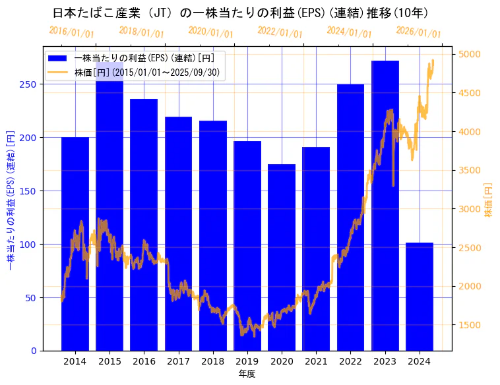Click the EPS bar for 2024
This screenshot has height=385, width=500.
click(x=420, y=297)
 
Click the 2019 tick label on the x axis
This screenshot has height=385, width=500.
click(x=247, y=361)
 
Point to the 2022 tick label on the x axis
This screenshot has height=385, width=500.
click(x=350, y=361)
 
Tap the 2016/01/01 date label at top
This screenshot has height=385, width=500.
click(x=71, y=32)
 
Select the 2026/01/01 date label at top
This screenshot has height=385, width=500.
click(x=418, y=32)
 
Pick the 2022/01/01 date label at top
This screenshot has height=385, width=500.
click(x=280, y=32)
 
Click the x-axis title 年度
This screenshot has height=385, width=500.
click(x=247, y=374)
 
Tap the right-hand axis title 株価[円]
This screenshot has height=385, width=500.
click(x=489, y=200)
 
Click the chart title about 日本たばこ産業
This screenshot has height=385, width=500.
click(x=240, y=13)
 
